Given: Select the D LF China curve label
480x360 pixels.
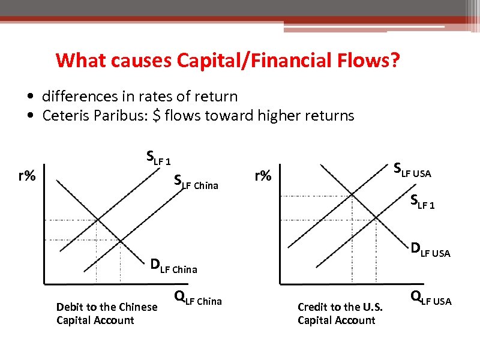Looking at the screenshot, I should click(x=173, y=266).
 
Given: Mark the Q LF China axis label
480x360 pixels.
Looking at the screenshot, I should click(x=197, y=298).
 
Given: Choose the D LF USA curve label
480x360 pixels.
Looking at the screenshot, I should click(x=430, y=250).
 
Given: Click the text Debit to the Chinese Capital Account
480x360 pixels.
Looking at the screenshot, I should click(x=106, y=313).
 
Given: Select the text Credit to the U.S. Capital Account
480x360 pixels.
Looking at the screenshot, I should click(x=340, y=313).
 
